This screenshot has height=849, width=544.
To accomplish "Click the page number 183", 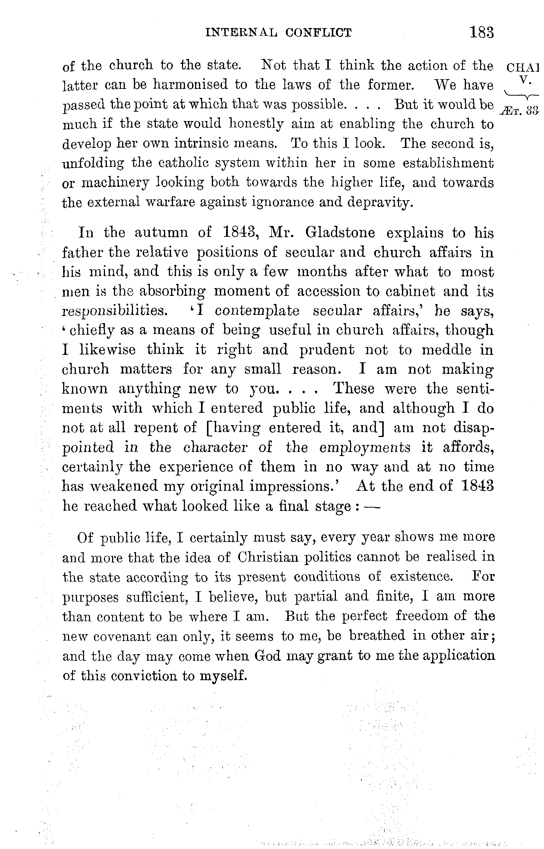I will click(482, 32).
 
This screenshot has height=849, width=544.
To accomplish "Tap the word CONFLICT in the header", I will click(318, 33).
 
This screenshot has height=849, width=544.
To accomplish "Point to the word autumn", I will click(161, 233).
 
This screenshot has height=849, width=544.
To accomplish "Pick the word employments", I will click(365, 447).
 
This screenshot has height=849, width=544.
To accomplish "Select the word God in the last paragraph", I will click(267, 656).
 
